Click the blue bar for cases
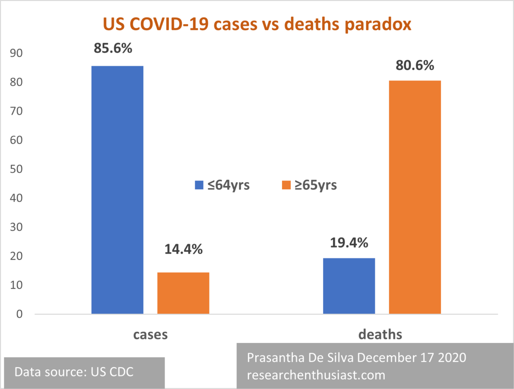click(x=117, y=190)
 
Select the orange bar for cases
click(x=183, y=293)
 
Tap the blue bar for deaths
click(x=349, y=286)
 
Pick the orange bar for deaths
click(x=415, y=197)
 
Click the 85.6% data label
click(x=113, y=48)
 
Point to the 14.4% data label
click(x=183, y=249)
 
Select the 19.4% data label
click(x=349, y=242)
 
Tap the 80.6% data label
click(x=415, y=66)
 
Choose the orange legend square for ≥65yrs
click(x=286, y=185)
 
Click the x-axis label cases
click(x=150, y=334)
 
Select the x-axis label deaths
click(x=380, y=334)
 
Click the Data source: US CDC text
click(x=74, y=372)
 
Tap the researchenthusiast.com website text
click(x=316, y=375)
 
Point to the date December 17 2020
click(x=412, y=358)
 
